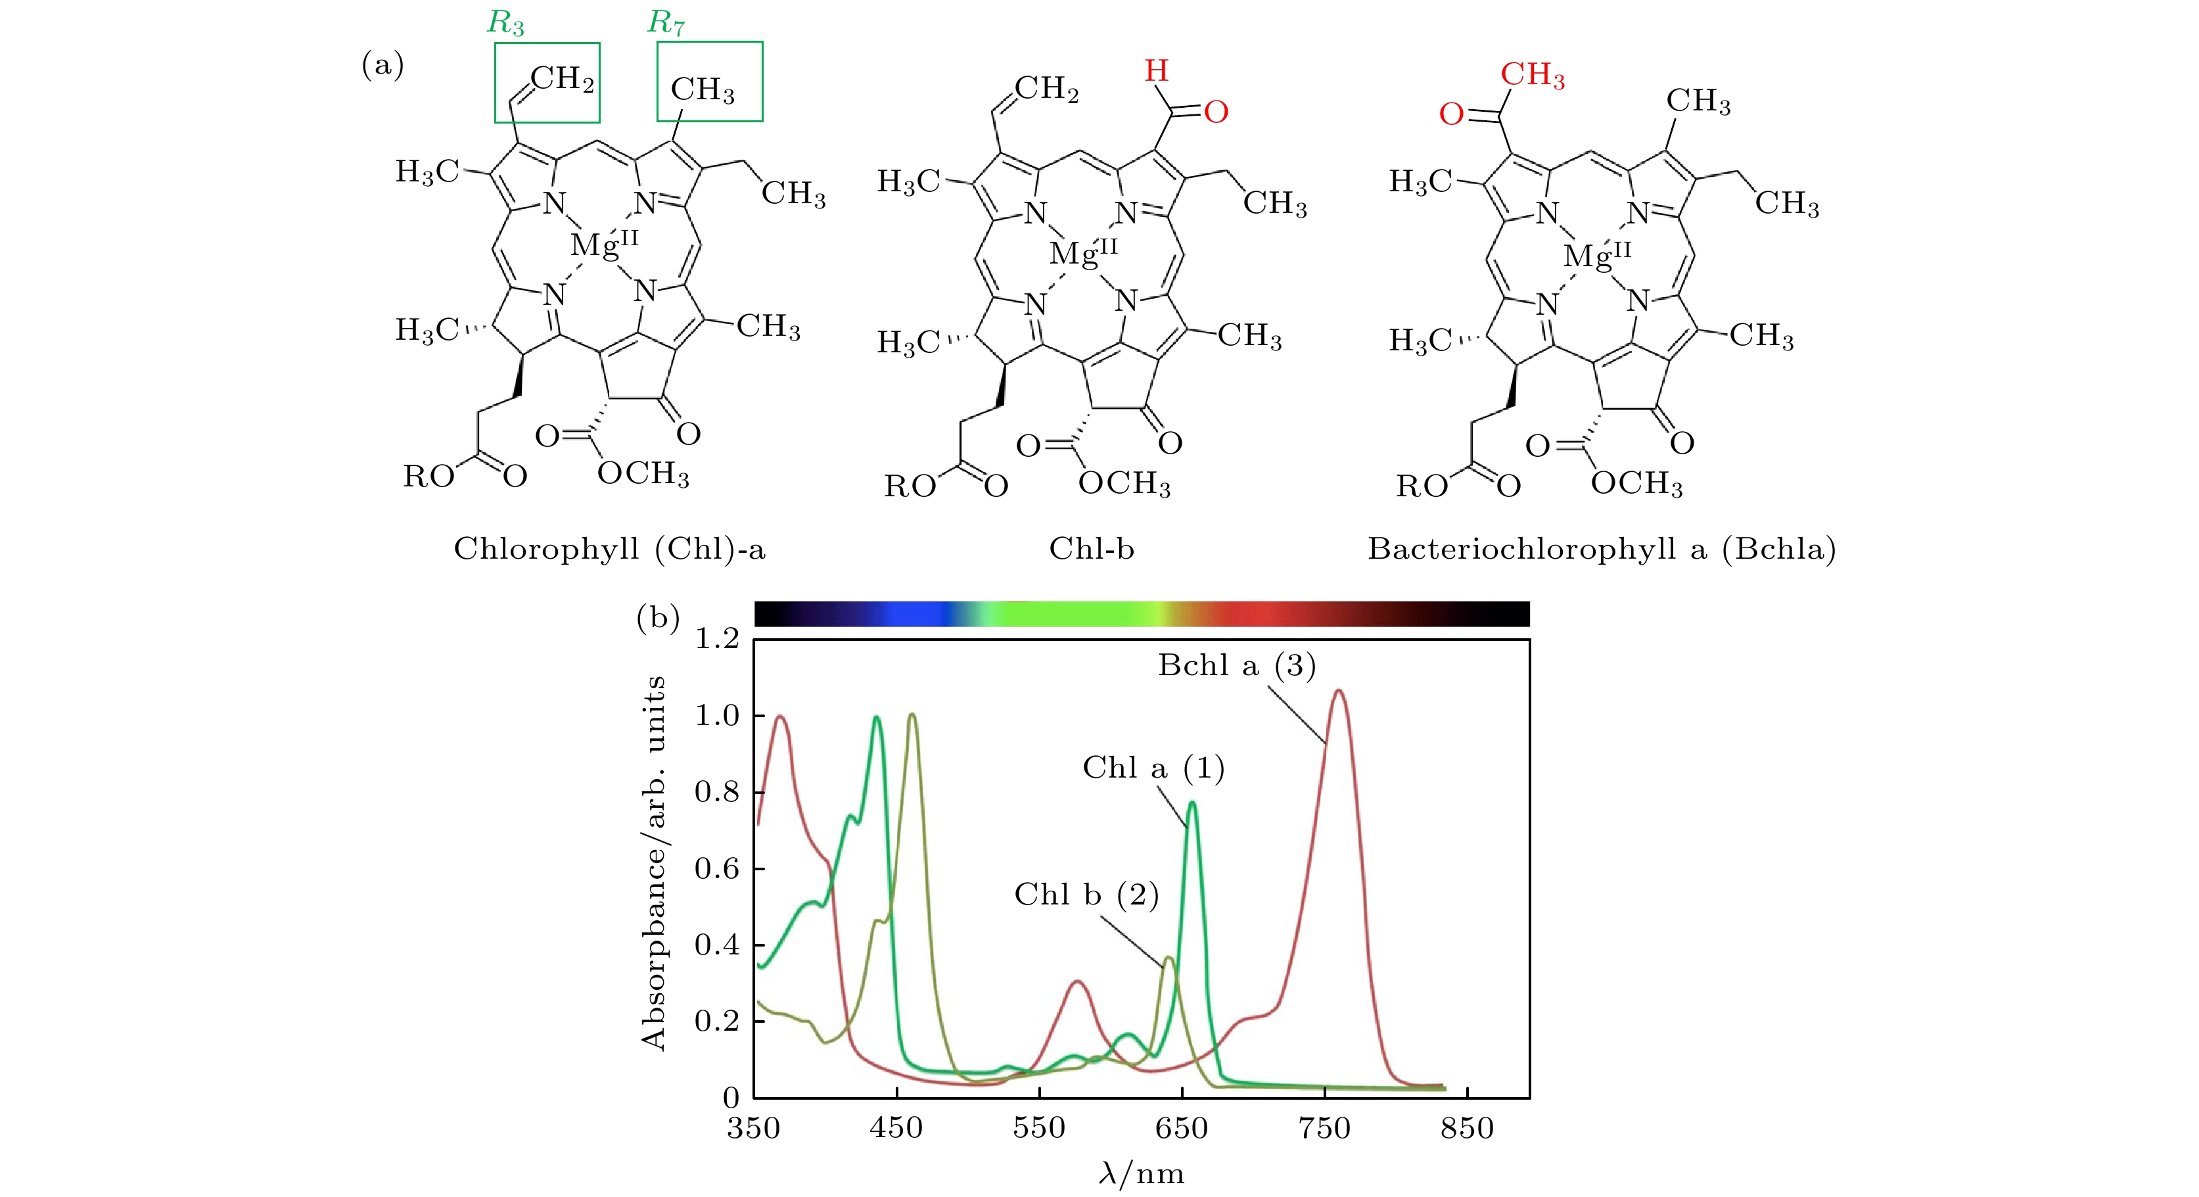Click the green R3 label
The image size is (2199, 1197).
click(505, 23)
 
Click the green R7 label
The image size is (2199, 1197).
click(666, 23)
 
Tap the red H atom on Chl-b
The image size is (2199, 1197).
click(1157, 71)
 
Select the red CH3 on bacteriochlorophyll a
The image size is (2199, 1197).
click(1533, 75)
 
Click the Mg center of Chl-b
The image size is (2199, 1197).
click(1082, 252)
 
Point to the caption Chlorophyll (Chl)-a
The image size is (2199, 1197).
click(609, 548)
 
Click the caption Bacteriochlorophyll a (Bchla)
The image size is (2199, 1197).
click(1602, 548)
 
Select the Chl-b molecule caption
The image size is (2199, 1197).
click(1092, 548)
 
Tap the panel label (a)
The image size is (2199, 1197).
click(382, 65)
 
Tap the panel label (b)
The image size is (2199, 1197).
click(657, 617)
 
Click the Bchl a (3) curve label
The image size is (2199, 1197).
click(1236, 665)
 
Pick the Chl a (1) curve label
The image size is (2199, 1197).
click(1153, 768)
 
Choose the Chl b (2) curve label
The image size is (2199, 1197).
click(1086, 894)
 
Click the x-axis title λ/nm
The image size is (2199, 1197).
click(1142, 1174)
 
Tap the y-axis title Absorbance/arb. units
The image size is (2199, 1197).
click(654, 862)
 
